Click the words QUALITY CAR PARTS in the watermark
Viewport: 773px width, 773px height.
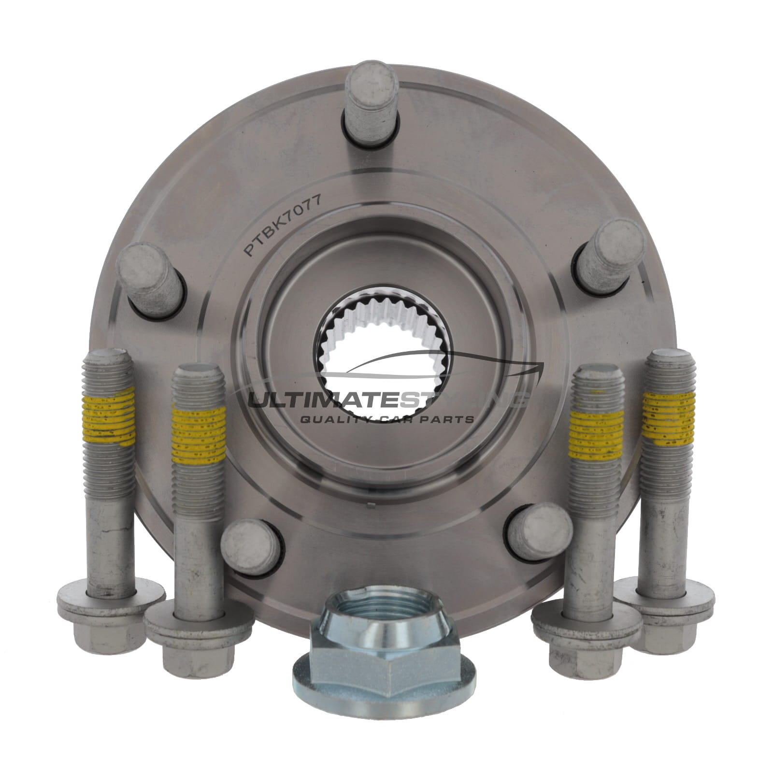pos(386,419)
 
